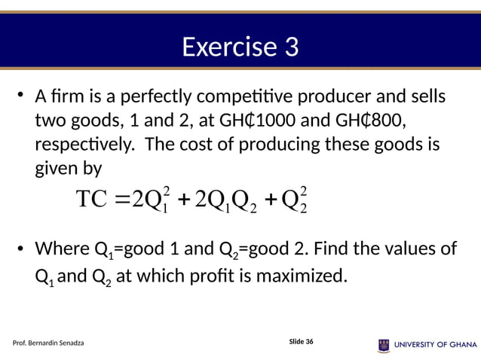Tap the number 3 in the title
290,48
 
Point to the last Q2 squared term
292,202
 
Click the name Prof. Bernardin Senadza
49,343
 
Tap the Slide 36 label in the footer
301,342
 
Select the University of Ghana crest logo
384,344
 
